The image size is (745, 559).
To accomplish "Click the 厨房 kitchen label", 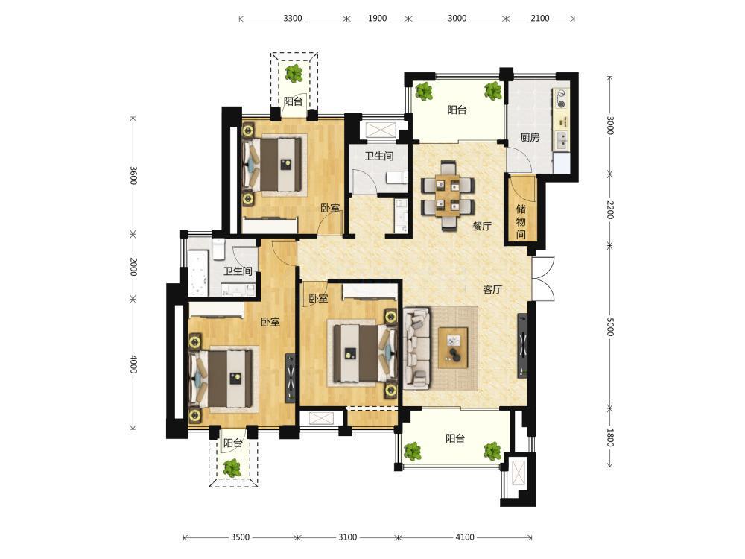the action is tap(530, 138).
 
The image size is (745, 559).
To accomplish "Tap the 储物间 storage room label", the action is tap(521, 221).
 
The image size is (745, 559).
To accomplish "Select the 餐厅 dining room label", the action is tap(482, 227).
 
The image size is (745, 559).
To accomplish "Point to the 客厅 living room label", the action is tap(492, 289).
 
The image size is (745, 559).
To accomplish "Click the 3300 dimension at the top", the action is tap(293, 19).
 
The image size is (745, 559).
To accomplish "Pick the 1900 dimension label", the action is tap(377, 19).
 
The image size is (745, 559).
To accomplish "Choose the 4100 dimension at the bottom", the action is tap(465, 537).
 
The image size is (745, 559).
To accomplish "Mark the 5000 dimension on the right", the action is tap(611, 326).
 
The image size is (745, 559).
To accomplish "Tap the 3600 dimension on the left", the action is tap(133, 176).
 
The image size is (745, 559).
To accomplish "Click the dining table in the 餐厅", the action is tap(448, 195).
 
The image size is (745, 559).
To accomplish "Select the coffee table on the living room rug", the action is tap(453, 347).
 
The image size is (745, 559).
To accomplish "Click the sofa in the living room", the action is tap(416, 348).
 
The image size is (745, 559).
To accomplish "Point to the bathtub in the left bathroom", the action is tap(198, 273).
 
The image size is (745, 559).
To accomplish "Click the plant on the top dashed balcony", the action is tap(294, 73).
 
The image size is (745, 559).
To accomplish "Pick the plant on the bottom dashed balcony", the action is tap(232, 468).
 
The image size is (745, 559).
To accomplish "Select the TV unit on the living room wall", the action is tap(522, 346).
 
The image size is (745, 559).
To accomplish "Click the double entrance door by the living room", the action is tap(543, 279).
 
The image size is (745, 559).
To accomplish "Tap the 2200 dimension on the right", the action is tap(611, 209).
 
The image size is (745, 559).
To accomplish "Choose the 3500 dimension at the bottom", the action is tap(240, 537).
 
